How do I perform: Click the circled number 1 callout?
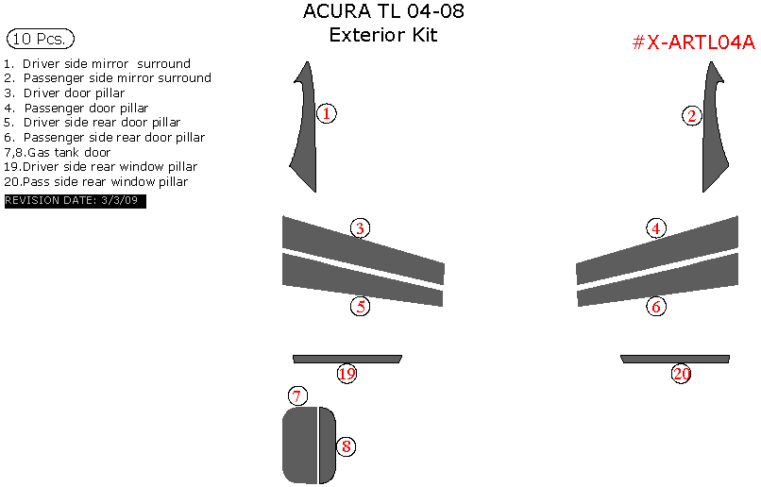pyautogui.click(x=326, y=114)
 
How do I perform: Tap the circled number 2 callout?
pyautogui.click(x=692, y=116)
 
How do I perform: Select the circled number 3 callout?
pyautogui.click(x=360, y=227)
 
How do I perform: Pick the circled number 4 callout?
pyautogui.click(x=656, y=227)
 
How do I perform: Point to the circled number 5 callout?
pyautogui.click(x=360, y=306)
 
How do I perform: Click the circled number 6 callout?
pyautogui.click(x=656, y=306)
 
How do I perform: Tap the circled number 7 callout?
pyautogui.click(x=296, y=395)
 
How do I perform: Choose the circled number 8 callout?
pyautogui.click(x=347, y=446)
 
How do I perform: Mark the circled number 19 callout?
pyautogui.click(x=347, y=374)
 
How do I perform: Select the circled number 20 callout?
pyautogui.click(x=682, y=374)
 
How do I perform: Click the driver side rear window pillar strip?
pyautogui.click(x=347, y=359)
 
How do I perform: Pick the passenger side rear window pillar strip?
pyautogui.click(x=674, y=359)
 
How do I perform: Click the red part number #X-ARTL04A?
pyautogui.click(x=693, y=42)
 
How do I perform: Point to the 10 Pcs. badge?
pyautogui.click(x=40, y=39)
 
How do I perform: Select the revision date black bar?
pyautogui.click(x=75, y=201)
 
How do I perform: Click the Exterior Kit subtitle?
pyautogui.click(x=382, y=36)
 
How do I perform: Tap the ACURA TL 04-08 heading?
pyautogui.click(x=382, y=12)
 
